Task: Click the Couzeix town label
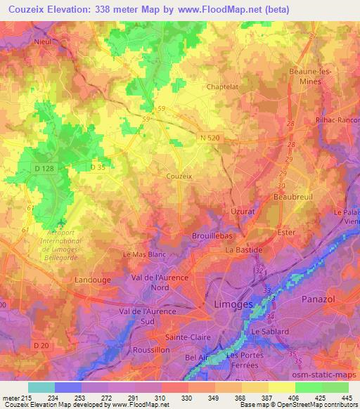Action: (179, 176)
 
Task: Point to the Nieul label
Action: (44, 41)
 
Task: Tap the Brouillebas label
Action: (212, 237)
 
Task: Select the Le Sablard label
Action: (269, 330)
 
